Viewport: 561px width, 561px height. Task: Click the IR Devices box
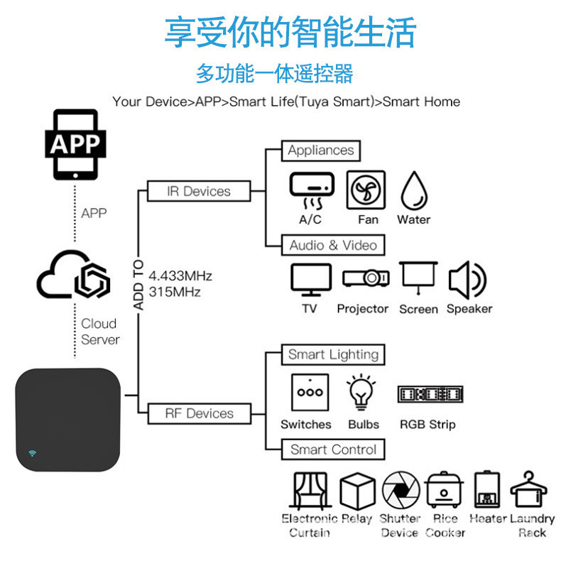(x=199, y=191)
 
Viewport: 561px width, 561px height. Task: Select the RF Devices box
(x=199, y=413)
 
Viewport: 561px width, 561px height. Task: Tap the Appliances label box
(x=321, y=151)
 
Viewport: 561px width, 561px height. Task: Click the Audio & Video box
(x=333, y=245)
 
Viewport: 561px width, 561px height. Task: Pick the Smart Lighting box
(x=333, y=354)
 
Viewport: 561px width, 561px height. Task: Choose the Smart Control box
(x=333, y=450)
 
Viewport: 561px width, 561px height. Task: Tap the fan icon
(x=366, y=190)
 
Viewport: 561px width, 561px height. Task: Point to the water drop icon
(x=414, y=190)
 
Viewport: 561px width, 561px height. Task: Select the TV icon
(x=310, y=280)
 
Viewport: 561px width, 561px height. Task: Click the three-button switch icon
(x=310, y=393)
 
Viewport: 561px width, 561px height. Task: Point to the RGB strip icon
(x=430, y=394)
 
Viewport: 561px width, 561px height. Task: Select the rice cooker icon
(x=445, y=489)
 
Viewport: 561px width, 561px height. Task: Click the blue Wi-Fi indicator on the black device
(x=33, y=453)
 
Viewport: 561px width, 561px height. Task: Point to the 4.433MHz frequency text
(x=180, y=276)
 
